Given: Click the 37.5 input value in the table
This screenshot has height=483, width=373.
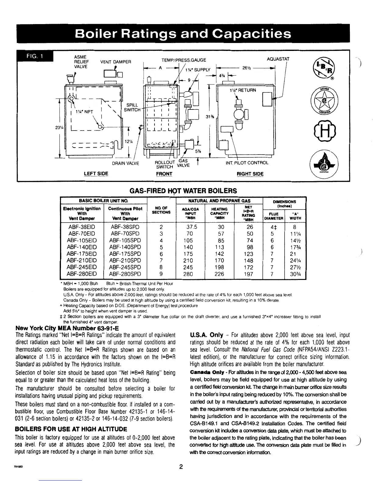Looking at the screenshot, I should pyautogui.click(x=192, y=227).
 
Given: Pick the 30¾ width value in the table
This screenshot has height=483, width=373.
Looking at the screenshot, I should pyautogui.click(x=295, y=274).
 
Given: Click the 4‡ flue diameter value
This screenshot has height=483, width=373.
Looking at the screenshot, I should pyautogui.click(x=273, y=227).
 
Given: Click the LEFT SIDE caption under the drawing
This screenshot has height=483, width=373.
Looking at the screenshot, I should pyautogui.click(x=96, y=174).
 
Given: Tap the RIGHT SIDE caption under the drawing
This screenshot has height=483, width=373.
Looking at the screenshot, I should pyautogui.click(x=250, y=174).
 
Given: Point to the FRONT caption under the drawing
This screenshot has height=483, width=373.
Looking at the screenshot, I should pyautogui.click(x=164, y=174).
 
